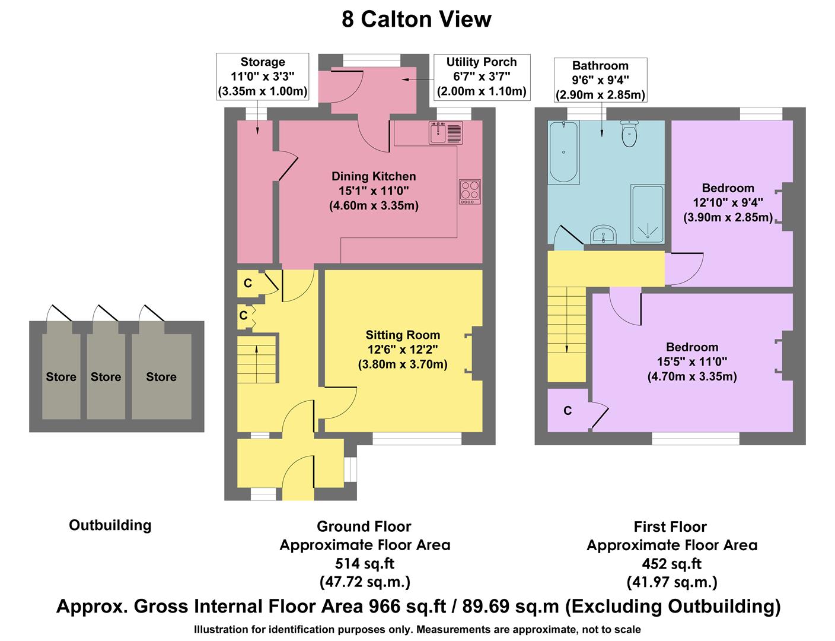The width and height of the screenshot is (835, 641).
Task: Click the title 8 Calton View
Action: [416, 20]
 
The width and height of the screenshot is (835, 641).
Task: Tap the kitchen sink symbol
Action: [445, 132]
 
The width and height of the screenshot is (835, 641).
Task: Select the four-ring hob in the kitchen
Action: [470, 192]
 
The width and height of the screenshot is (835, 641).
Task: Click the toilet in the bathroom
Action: [629, 134]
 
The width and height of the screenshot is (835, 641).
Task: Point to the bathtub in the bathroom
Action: [563, 153]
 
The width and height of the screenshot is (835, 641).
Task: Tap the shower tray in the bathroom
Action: [648, 214]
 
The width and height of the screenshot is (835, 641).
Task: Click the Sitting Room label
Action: [403, 349]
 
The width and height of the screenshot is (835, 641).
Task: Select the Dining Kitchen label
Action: [374, 191]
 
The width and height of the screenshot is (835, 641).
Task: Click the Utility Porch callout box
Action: [481, 77]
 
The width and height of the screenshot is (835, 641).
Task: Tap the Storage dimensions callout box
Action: [263, 77]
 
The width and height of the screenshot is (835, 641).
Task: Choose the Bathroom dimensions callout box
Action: [600, 80]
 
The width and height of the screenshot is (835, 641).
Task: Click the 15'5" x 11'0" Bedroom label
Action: [691, 361]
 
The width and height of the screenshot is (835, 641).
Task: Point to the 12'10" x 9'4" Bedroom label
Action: [728, 202]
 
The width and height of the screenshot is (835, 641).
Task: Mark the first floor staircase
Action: [566, 333]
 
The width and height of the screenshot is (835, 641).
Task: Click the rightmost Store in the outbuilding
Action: [161, 376]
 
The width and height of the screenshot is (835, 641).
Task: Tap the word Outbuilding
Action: [110, 525]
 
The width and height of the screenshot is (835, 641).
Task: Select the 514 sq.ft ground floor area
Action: [365, 563]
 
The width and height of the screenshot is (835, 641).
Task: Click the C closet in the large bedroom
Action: [568, 411]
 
